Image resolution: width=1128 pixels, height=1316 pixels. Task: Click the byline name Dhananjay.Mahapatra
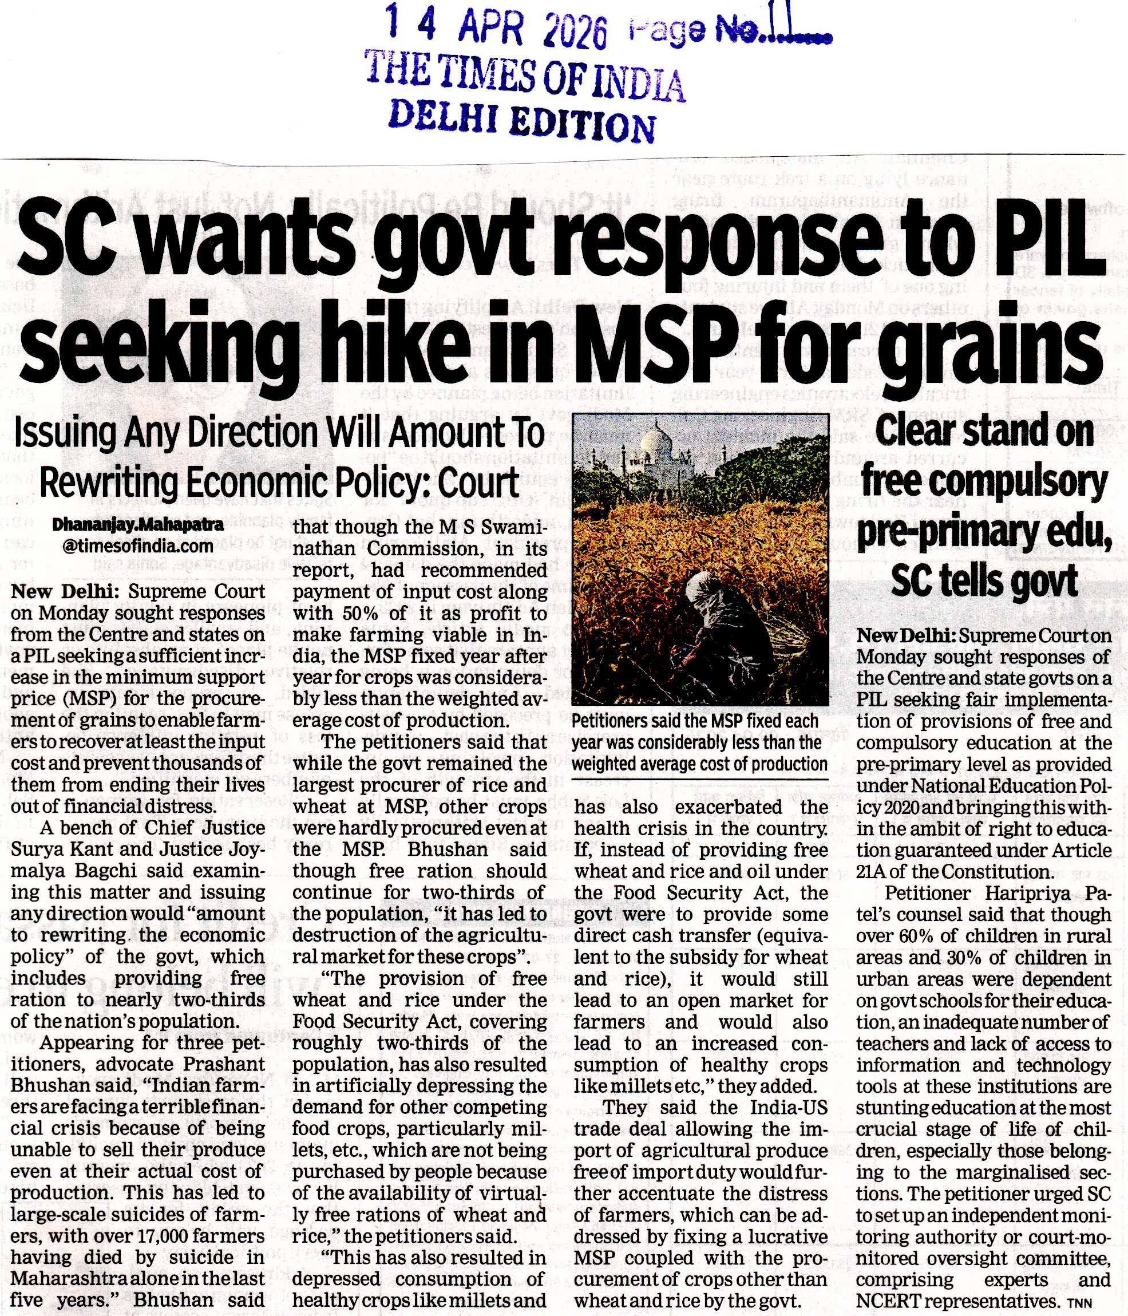(138, 525)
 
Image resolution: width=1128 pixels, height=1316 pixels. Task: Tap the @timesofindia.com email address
(138, 546)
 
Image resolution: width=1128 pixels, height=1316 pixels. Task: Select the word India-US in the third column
(789, 1108)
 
